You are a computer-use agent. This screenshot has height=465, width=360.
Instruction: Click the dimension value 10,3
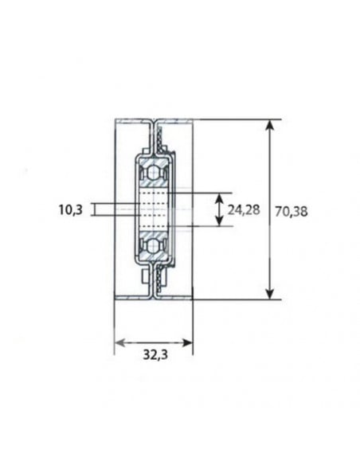72,210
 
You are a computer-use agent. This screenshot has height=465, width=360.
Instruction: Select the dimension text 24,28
244,210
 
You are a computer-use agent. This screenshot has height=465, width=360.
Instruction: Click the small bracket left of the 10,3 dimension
93,209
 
